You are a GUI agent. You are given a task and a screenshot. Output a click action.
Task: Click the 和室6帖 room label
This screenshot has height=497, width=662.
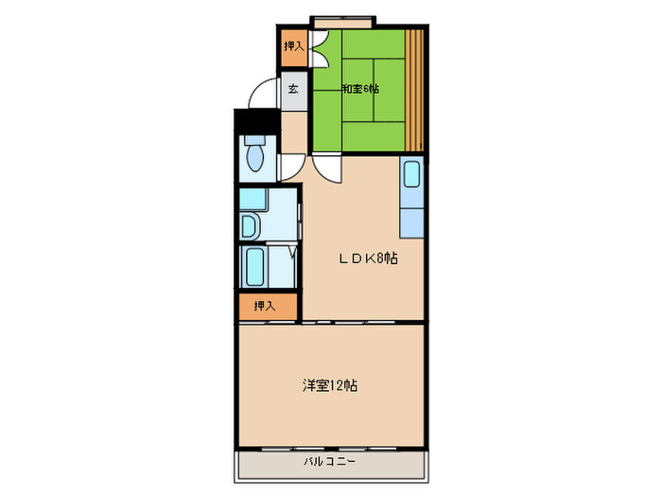click(360, 89)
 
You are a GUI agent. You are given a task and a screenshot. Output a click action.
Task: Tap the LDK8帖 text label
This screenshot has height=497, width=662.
click(368, 257)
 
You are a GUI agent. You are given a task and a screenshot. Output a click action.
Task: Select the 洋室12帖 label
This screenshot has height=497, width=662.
click(330, 385)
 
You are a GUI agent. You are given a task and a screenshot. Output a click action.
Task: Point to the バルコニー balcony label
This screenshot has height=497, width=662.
click(329, 461)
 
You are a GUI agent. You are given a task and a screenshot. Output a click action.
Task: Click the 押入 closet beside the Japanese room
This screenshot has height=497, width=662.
click(294, 46)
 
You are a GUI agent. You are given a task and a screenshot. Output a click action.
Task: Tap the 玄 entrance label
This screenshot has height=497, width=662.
click(293, 89)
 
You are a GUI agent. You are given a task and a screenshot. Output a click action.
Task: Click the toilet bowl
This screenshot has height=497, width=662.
click(255, 157)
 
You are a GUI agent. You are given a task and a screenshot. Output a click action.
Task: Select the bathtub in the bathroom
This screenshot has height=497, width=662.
click(255, 267)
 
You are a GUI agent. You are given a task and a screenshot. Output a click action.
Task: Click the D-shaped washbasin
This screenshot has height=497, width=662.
click(248, 226)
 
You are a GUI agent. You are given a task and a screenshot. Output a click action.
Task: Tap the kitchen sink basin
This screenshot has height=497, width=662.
click(411, 173)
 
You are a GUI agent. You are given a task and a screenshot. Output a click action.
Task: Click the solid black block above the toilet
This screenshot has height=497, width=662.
click(256, 121)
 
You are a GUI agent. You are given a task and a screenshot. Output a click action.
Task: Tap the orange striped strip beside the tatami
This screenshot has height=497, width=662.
click(414, 90)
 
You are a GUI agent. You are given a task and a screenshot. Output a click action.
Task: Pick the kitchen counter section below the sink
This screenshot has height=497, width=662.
click(412, 222)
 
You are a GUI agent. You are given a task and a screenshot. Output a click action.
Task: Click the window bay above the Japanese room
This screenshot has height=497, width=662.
click(342, 22)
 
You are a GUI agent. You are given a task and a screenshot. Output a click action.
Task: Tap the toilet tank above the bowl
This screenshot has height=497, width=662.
click(255, 139)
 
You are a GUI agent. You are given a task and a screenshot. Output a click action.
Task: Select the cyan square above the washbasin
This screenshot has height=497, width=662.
click(253, 200)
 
